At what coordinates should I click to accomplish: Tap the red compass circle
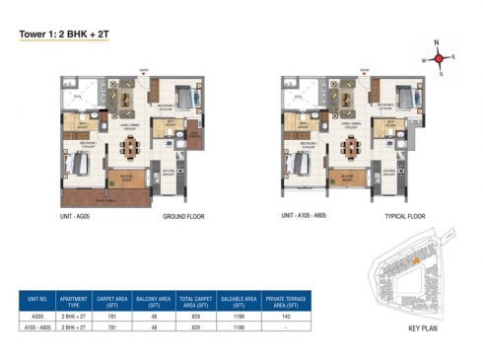[440, 59]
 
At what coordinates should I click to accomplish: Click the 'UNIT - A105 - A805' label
[307, 214]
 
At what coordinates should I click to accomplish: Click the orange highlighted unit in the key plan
[417, 260]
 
